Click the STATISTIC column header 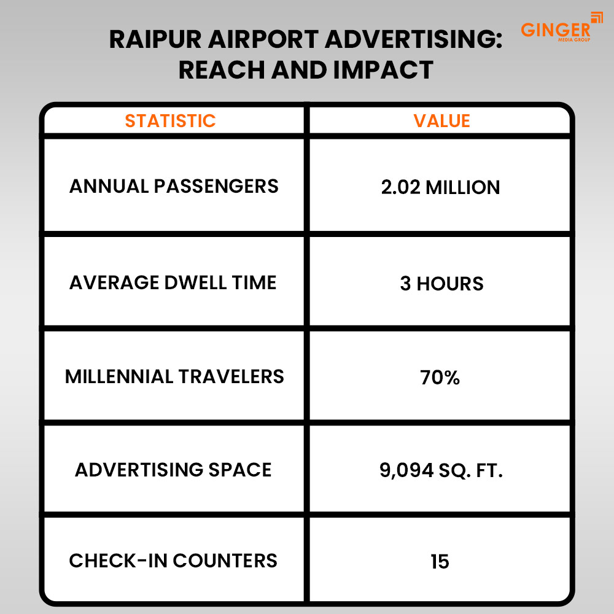(x=170, y=120)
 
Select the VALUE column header (x=441, y=120)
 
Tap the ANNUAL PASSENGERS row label (x=174, y=186)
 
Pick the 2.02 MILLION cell (x=440, y=187)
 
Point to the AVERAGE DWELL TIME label (x=173, y=282)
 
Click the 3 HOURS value (x=441, y=283)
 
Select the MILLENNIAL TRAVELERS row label (x=174, y=376)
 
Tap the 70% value (x=440, y=377)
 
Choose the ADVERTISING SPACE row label (x=173, y=470)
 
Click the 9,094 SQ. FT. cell (x=441, y=471)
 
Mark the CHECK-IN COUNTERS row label (x=173, y=561)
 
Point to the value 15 (x=440, y=561)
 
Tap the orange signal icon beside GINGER (x=596, y=17)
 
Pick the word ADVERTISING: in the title (x=414, y=41)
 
